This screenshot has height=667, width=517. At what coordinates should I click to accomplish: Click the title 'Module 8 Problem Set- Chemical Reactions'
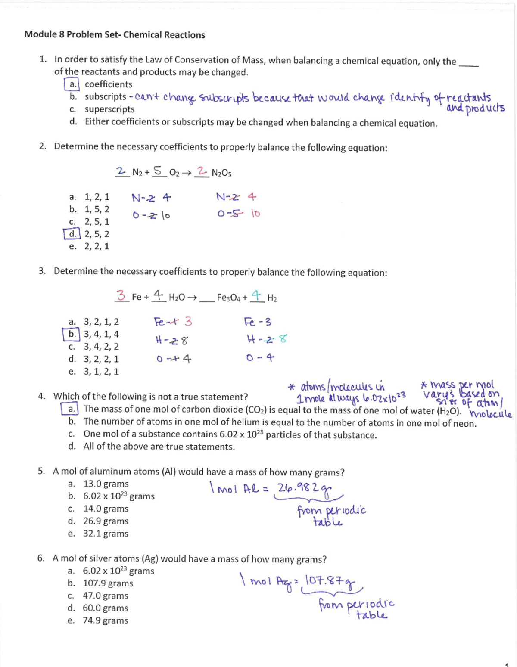[115, 35]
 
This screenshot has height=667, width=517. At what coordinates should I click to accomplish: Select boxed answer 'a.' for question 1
[72, 84]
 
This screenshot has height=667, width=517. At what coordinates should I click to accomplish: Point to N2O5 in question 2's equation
[221, 173]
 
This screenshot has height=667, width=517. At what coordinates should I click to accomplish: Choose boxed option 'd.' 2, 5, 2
[72, 234]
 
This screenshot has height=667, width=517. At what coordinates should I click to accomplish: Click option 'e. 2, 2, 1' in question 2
[89, 247]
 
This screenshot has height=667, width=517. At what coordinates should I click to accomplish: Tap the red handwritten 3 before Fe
[122, 295]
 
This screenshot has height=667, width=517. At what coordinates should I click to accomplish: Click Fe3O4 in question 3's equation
[228, 298]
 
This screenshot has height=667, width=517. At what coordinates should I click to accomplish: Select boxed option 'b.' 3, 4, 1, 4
[72, 334]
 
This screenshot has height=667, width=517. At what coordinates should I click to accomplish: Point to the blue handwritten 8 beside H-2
[282, 339]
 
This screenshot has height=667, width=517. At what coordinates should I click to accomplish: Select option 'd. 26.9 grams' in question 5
[98, 521]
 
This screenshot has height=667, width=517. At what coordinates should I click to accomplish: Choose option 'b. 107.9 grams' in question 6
[100, 583]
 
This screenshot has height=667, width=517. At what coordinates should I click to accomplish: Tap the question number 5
[41, 472]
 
